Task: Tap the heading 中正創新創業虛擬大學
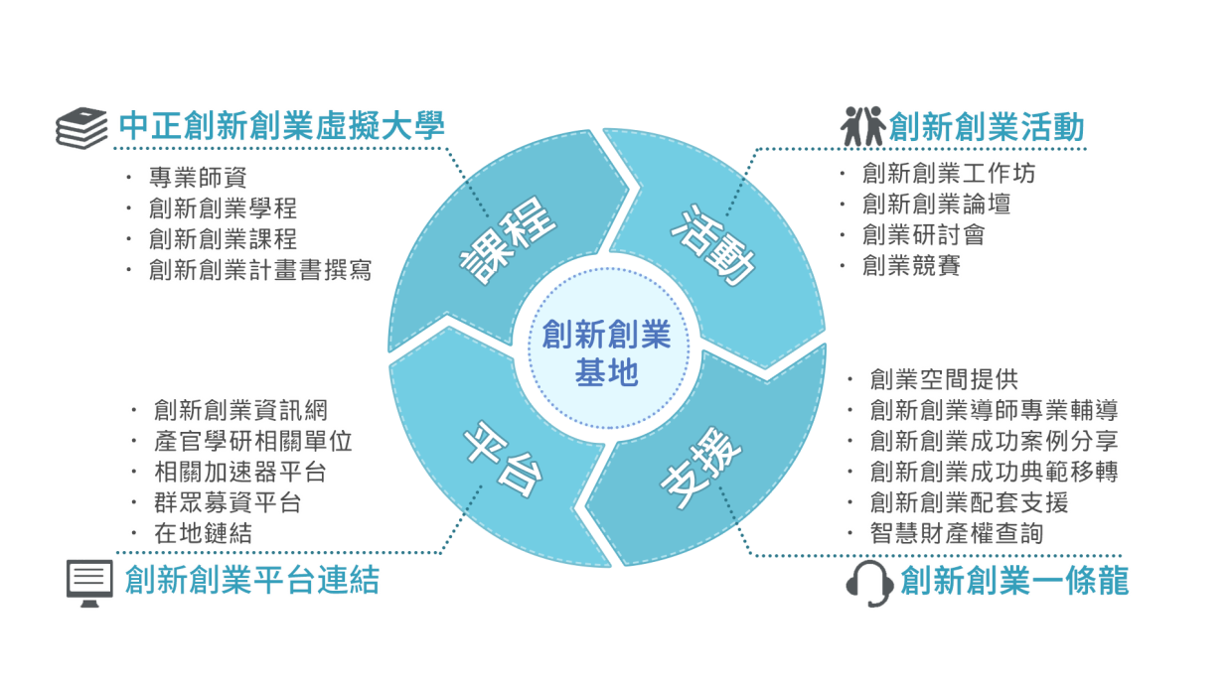[282, 126]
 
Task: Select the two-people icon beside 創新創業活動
[860, 126]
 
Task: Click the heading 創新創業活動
[986, 127]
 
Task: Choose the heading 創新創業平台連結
[251, 580]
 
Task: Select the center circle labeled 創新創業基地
[606, 352]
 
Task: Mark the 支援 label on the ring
[701, 470]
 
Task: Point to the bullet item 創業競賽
[912, 265]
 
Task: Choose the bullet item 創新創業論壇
[937, 205]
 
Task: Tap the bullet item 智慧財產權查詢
[957, 533]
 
